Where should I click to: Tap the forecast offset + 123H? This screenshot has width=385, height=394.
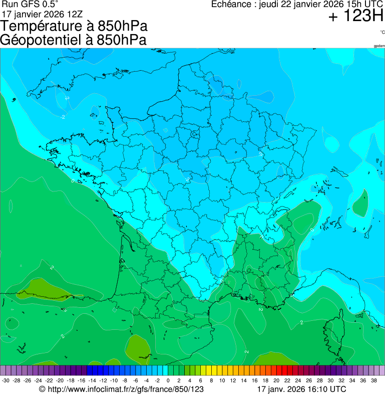click(x=356, y=17)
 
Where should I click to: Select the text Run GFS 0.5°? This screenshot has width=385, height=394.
click(x=30, y=4)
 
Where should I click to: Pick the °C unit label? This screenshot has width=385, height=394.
click(x=382, y=32)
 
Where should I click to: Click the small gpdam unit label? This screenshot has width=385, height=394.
click(x=379, y=46)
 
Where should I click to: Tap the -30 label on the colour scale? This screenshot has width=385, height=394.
click(x=5, y=380)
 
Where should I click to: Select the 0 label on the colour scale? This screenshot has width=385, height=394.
click(x=168, y=380)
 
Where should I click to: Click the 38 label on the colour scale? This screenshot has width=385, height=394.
click(x=374, y=380)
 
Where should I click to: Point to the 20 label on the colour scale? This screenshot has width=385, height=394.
click(x=276, y=380)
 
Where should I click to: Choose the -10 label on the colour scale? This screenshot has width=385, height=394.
click(x=114, y=380)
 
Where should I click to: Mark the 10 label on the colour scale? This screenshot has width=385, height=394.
click(x=222, y=380)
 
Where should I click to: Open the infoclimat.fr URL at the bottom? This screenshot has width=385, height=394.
click(x=126, y=389)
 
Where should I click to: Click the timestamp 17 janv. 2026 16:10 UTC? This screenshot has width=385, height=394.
click(x=301, y=389)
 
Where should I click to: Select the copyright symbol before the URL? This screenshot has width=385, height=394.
click(x=42, y=389)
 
